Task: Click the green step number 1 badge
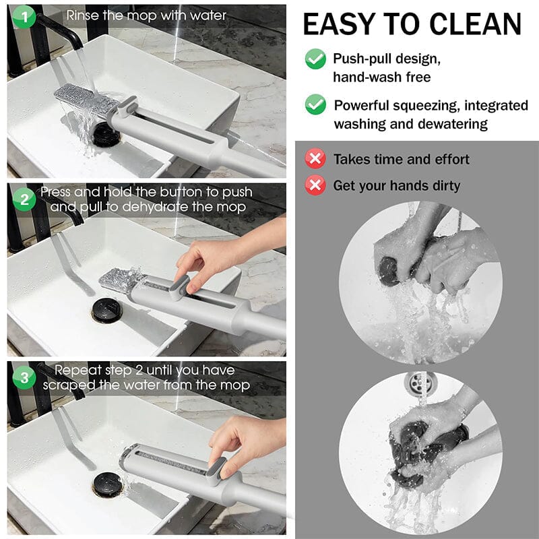coord(24,18)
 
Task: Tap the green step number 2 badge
coord(24,199)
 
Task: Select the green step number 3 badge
coord(24,377)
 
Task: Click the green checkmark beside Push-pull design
coord(315,59)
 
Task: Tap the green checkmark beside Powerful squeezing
coord(315,104)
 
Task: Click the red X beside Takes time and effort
coord(315,159)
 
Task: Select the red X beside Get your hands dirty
coord(315,185)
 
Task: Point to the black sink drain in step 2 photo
coord(106,311)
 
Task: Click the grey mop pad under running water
coord(84,99)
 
